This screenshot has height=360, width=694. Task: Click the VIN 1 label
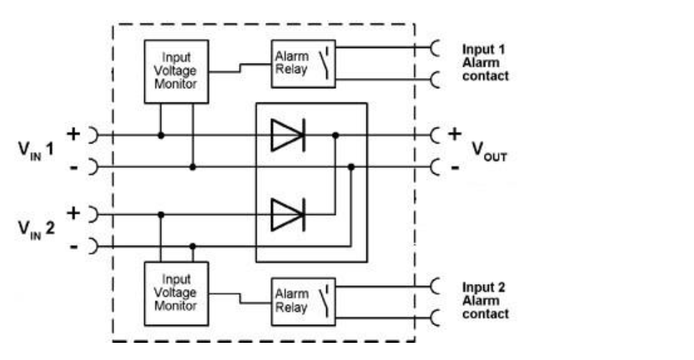(x=36, y=150)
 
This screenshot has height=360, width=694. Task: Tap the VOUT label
(x=489, y=151)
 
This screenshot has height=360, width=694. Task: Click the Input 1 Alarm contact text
(x=485, y=62)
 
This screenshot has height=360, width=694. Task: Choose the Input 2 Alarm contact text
(x=485, y=300)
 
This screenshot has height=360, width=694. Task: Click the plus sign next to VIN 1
(x=73, y=133)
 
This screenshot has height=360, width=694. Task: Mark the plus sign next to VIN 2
(x=73, y=214)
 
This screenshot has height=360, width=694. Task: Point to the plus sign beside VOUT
(x=455, y=133)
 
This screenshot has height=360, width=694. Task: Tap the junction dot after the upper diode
(x=336, y=135)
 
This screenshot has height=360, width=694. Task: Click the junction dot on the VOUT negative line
(x=351, y=167)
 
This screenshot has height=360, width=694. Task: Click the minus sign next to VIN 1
(x=74, y=167)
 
